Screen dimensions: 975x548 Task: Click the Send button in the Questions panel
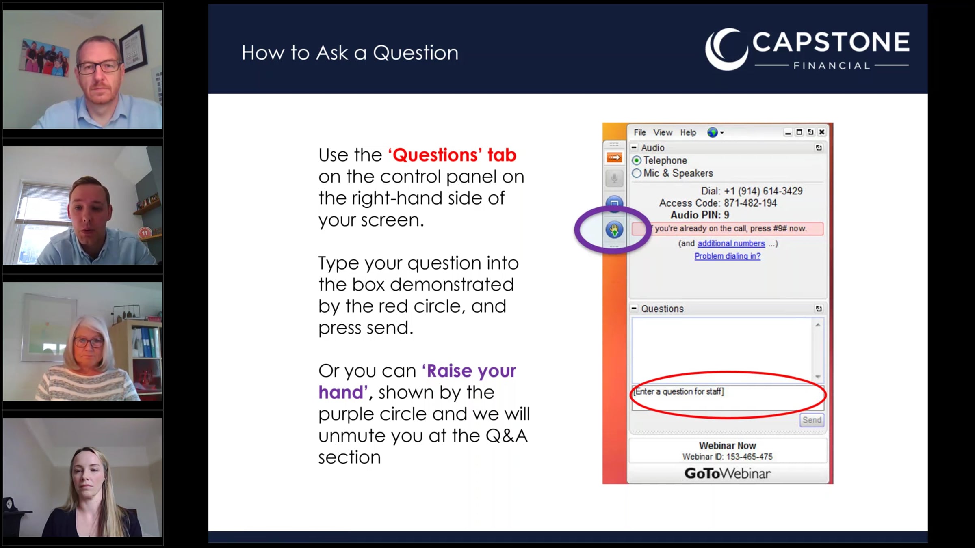812,420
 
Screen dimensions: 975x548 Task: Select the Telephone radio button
637,161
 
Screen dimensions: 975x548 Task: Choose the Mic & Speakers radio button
637,173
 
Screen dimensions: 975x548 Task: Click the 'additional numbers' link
731,244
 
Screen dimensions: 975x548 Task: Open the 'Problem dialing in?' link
727,256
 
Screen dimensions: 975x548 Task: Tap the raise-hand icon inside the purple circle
614,230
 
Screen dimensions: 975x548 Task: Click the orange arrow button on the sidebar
614,157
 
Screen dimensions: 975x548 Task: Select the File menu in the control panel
639,132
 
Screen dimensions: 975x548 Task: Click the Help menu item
688,132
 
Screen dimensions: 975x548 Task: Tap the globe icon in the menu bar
713,132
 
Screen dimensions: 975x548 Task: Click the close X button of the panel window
821,132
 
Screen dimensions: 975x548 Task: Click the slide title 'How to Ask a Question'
350,53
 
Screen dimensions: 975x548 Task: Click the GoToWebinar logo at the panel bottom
727,473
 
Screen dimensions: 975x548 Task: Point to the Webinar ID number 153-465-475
750,457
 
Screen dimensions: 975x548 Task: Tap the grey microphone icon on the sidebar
614,178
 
